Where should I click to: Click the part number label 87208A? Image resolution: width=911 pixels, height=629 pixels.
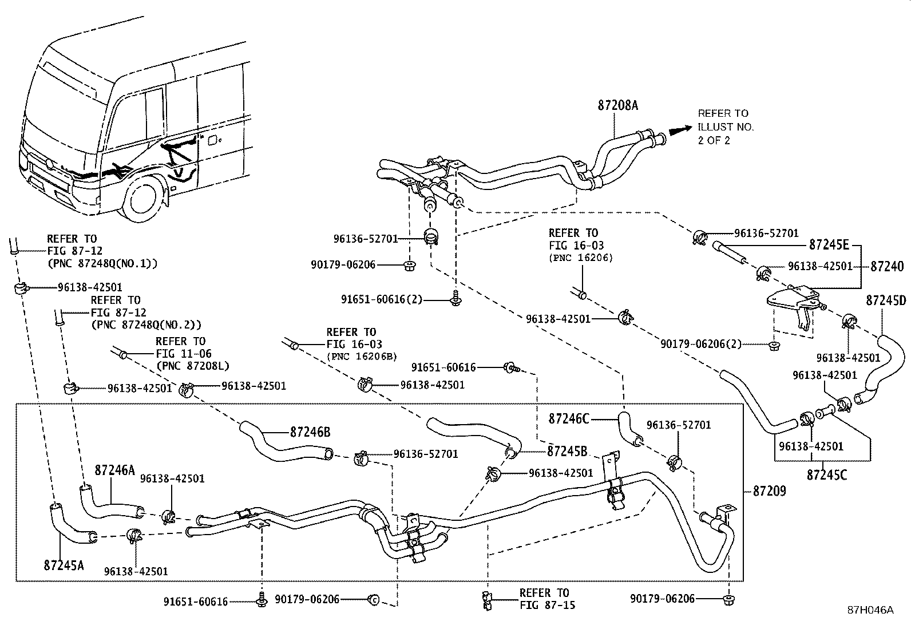tap(617, 105)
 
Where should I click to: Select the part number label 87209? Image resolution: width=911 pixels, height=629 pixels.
tap(769, 491)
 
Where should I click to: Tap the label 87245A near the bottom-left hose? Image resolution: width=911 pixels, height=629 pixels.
tap(64, 565)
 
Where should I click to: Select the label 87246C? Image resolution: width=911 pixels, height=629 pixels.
tap(569, 418)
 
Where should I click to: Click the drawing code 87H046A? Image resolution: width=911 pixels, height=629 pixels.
tap(870, 610)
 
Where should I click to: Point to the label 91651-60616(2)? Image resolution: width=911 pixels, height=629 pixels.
tap(390, 299)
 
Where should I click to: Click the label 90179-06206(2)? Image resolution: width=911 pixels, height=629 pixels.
tap(701, 344)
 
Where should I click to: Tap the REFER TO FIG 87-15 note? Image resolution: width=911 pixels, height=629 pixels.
tap(544, 599)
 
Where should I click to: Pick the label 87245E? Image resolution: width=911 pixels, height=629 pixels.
tap(829, 245)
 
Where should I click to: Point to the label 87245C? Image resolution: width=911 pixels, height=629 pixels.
tap(827, 474)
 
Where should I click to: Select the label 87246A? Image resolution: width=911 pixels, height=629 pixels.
tap(114, 470)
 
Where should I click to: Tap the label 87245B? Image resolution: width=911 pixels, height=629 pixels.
tap(567, 450)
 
